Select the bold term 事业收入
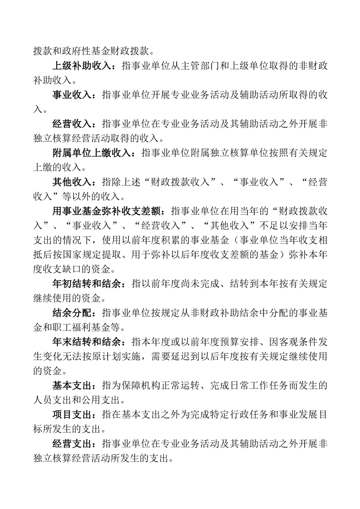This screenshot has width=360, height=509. (x=72, y=95)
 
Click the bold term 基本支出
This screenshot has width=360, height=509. (x=72, y=386)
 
